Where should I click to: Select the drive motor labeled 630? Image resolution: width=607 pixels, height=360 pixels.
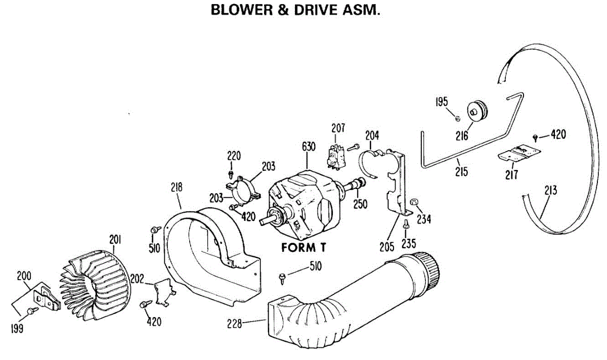pos(303,205)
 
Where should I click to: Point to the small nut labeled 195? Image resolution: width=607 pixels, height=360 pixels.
pos(457,119)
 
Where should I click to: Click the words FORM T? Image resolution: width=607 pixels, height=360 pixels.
pos(302,249)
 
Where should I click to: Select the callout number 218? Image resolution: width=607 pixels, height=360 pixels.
pos(176,188)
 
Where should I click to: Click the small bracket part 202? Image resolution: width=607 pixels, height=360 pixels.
pos(165,293)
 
